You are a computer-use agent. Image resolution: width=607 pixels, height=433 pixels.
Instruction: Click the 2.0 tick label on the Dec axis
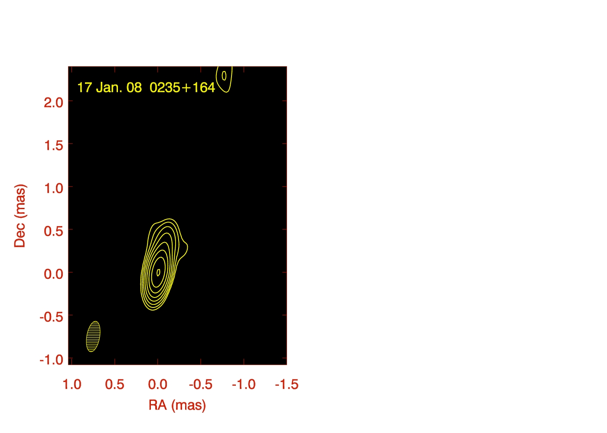[x=53, y=103]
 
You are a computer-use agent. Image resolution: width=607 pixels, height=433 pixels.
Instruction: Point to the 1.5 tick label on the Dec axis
[x=53, y=145]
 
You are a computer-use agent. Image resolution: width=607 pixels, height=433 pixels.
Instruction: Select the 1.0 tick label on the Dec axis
[x=53, y=188]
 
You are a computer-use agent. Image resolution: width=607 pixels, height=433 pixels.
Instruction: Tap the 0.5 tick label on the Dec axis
[x=53, y=231]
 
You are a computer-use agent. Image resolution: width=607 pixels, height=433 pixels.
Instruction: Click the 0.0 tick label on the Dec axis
[x=53, y=274]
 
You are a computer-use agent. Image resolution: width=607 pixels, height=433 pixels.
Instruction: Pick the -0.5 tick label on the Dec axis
[x=52, y=317]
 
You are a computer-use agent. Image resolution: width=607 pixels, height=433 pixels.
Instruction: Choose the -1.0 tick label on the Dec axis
[x=52, y=360]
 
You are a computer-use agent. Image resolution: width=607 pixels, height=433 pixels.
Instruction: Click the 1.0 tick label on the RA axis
[x=72, y=385]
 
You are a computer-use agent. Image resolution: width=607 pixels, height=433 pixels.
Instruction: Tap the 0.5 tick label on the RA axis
[x=114, y=385]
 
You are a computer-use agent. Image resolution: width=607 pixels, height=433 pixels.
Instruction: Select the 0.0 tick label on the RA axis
[x=158, y=385]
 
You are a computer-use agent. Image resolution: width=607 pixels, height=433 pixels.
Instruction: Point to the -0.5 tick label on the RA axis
[x=200, y=385]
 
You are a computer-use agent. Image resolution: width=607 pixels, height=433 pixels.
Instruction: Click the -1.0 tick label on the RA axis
[x=244, y=385]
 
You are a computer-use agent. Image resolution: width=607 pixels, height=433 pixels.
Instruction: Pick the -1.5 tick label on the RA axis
[x=287, y=385]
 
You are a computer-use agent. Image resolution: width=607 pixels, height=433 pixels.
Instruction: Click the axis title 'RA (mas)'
[x=177, y=406]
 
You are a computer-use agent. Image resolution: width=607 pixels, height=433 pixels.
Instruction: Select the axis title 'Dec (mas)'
[x=20, y=216]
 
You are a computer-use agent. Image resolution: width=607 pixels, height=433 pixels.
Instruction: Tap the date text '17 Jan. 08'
[x=109, y=87]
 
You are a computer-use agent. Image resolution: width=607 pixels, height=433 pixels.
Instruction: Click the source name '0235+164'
[x=183, y=87]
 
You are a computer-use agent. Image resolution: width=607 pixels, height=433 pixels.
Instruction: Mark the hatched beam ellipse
[x=93, y=337]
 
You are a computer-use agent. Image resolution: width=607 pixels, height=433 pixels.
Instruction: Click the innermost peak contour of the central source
[x=159, y=272]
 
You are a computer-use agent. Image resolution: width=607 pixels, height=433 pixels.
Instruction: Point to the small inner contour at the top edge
[x=224, y=76]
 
